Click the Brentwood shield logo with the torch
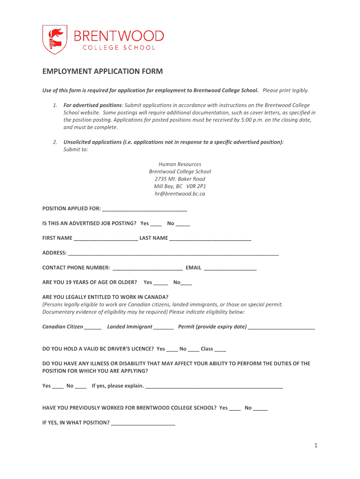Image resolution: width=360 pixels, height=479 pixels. pos(52,40)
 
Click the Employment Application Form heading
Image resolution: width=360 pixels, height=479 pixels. pos(102,72)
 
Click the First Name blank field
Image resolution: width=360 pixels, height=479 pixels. pos(106,239)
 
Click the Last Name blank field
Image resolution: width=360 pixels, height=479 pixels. pos(210,239)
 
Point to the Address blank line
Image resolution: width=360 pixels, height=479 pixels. pos(173,254)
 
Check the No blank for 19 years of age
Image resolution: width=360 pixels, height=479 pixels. pos(186,283)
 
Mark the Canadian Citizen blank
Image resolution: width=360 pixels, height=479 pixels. pos(93,327)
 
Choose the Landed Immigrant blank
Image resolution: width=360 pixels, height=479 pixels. pos(163,327)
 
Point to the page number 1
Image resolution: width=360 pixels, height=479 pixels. pos(316,446)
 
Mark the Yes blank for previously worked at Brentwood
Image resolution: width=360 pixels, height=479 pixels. pos(235,408)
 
